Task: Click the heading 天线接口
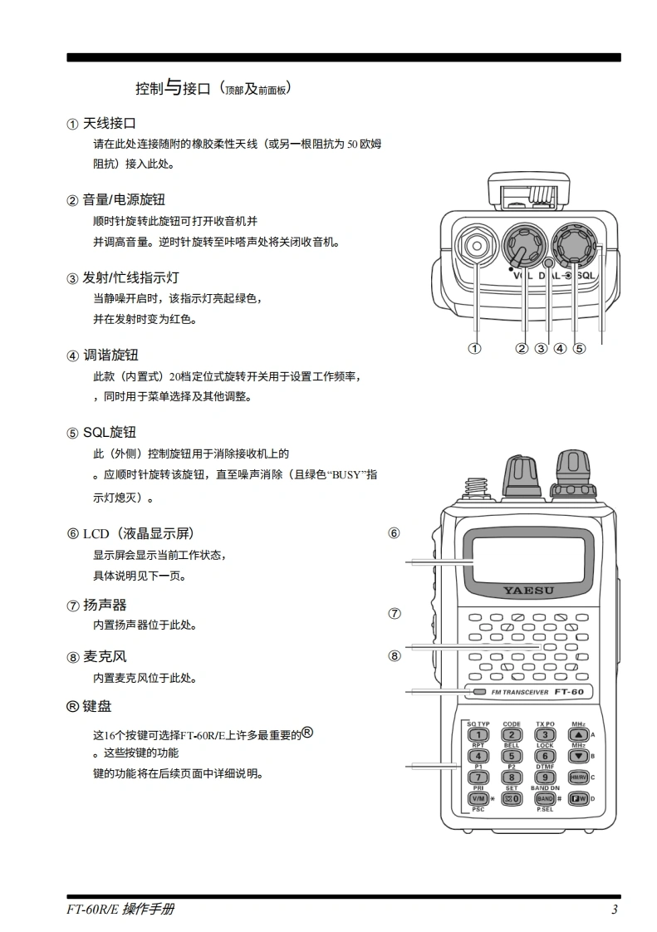point(109,124)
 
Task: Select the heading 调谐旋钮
point(109,356)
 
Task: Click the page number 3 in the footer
point(614,910)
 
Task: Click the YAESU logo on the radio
point(528,591)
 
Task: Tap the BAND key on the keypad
point(545,798)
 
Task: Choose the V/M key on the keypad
point(479,798)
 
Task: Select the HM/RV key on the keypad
point(578,777)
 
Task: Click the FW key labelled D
point(578,798)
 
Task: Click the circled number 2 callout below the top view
point(522,349)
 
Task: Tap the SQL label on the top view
point(586,275)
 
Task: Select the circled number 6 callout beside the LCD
point(395,533)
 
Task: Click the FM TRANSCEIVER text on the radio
point(520,692)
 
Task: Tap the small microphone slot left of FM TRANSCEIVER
point(479,692)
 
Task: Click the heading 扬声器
point(105,605)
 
